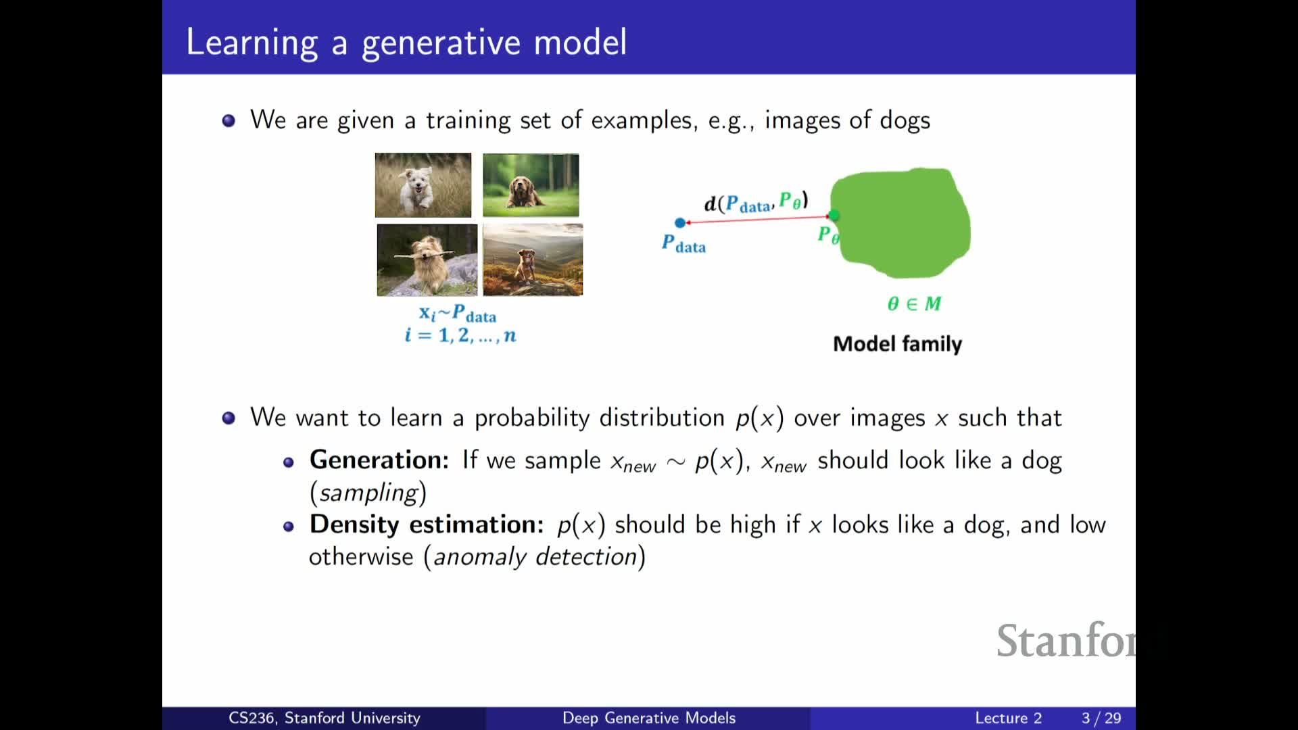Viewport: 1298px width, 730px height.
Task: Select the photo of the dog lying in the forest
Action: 531,185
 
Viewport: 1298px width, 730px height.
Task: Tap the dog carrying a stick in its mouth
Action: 427,260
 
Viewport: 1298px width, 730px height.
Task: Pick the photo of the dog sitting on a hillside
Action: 533,260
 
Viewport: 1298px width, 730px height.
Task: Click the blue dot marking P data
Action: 680,222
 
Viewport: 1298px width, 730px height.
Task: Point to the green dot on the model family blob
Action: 834,215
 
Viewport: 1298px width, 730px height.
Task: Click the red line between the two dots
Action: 757,219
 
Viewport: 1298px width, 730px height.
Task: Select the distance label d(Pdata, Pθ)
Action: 756,202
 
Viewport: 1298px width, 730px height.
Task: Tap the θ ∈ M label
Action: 914,303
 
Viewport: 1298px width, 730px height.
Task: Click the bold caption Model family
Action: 897,344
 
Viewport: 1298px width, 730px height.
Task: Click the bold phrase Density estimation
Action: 427,525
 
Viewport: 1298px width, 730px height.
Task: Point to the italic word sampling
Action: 368,493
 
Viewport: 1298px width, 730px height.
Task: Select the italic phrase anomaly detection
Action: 535,557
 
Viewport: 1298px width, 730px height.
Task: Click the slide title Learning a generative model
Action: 406,43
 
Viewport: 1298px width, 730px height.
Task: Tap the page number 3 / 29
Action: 1101,718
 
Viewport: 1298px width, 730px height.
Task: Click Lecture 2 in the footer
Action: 1008,718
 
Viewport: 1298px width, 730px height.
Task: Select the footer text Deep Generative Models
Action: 649,718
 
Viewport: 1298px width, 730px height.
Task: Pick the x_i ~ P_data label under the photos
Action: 458,314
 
